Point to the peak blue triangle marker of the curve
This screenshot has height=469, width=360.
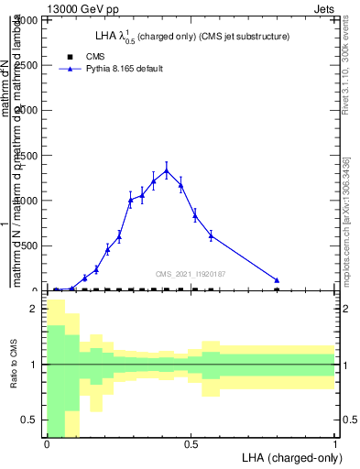point(166,170)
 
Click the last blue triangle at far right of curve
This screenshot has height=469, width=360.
point(277,280)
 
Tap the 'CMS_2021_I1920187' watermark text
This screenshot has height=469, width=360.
point(190,274)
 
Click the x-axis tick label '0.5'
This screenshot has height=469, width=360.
point(191,444)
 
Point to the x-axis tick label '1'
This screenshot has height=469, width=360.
point(335,444)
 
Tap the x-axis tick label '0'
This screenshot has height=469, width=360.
point(47,444)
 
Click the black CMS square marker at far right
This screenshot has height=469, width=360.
point(277,289)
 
